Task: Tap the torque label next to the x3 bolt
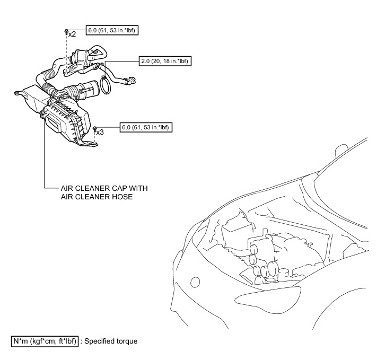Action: [x=147, y=128]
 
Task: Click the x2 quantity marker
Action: [x=72, y=34]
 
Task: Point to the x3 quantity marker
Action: [x=100, y=132]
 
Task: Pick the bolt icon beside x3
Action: [x=94, y=129]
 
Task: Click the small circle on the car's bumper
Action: [x=195, y=282]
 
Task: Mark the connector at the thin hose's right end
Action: [x=132, y=81]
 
